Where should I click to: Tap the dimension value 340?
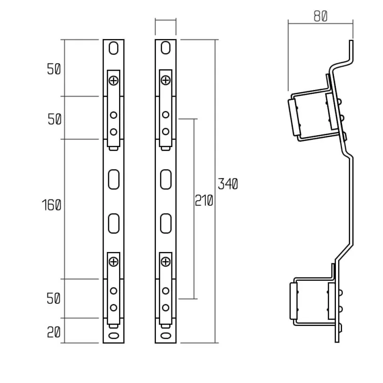[x=228, y=184]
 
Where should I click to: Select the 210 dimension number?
[x=204, y=201]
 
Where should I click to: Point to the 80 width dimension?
[x=320, y=16]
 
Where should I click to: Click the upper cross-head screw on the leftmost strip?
[x=114, y=81]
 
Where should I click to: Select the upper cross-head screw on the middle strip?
[x=165, y=81]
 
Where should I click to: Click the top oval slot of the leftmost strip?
[x=114, y=49]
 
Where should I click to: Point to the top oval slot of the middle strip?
[x=165, y=49]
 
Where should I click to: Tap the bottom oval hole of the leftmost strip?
[x=114, y=335]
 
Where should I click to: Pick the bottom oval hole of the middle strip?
[x=165, y=335]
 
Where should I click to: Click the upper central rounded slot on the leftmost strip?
[x=114, y=179]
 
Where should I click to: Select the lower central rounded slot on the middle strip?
[x=165, y=223]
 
